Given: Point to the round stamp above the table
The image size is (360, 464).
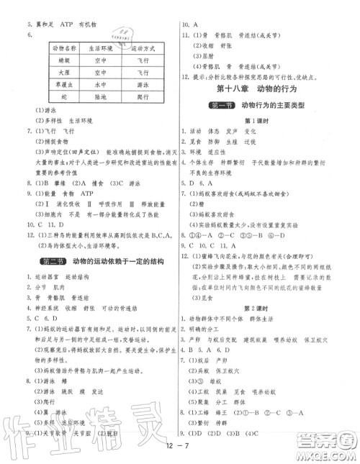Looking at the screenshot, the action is coord(128,31).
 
